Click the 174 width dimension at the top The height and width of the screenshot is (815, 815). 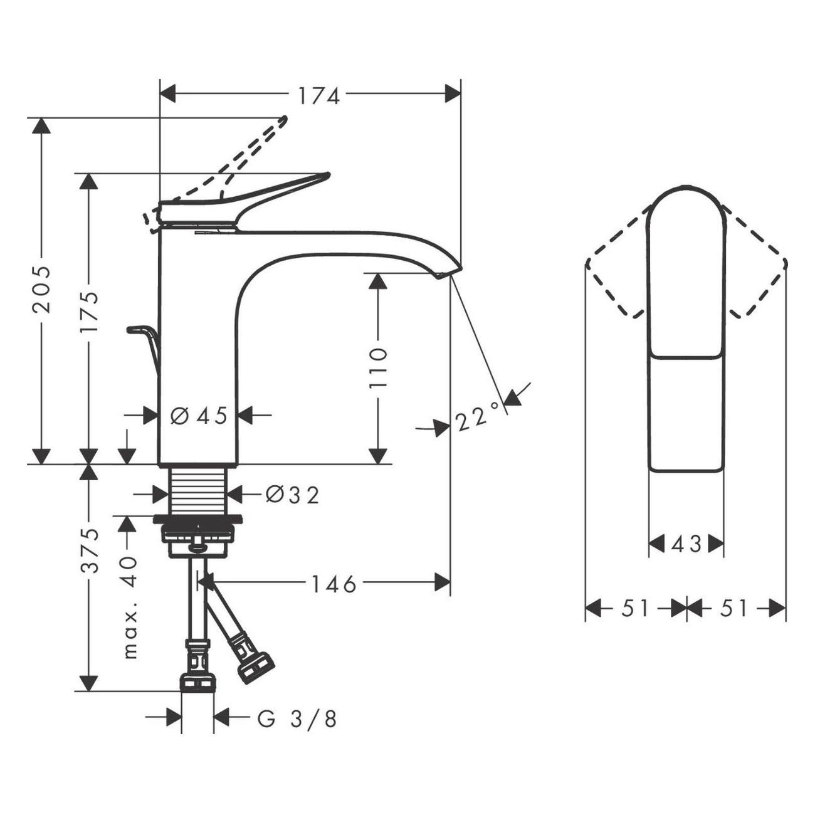318,96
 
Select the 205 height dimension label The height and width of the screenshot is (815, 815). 41,288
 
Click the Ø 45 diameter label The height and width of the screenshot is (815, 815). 199,415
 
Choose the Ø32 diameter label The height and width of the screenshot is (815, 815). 292,495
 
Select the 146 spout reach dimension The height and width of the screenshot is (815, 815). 334,584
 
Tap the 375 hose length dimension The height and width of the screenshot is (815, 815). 90,550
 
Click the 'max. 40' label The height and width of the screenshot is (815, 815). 129,606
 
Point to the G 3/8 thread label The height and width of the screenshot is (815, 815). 297,719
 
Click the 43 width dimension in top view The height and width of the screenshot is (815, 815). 686,544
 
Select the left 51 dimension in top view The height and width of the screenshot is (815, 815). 635,608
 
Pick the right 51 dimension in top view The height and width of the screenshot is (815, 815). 735,608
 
